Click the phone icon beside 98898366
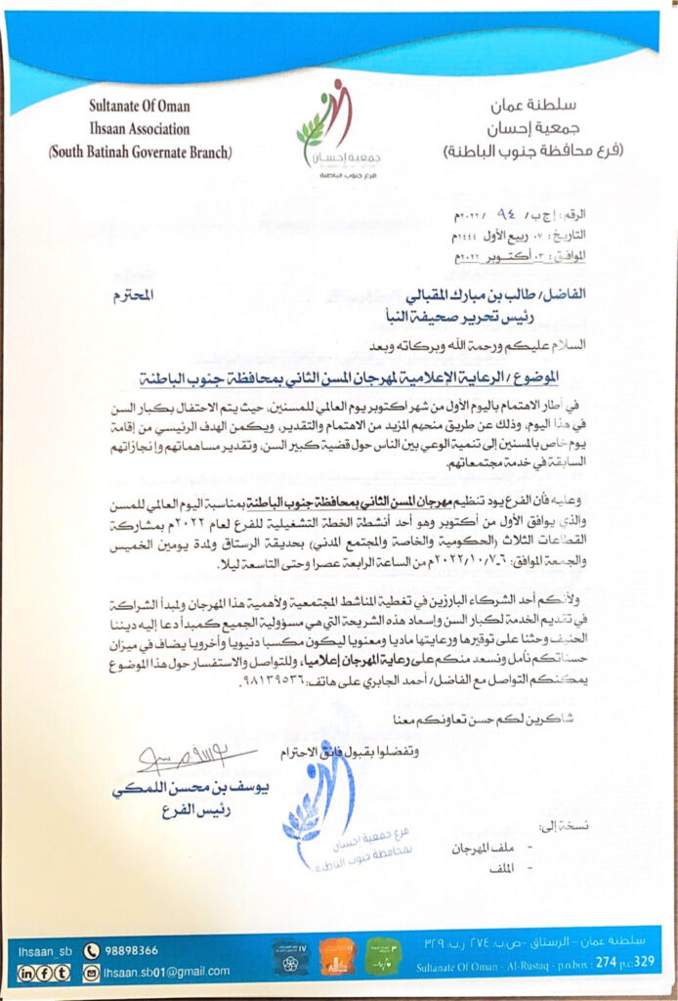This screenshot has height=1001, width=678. pyautogui.click(x=93, y=949)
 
